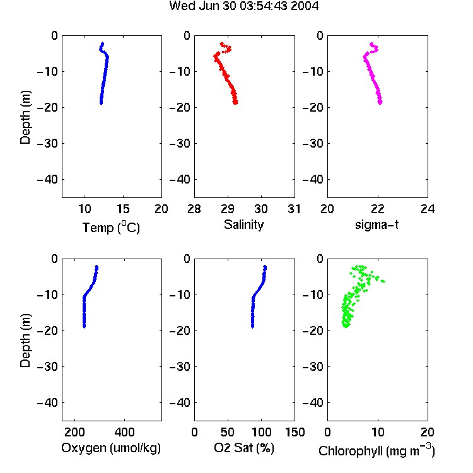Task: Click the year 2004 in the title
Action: click(305, 6)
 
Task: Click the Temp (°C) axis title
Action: click(111, 227)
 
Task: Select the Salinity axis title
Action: click(243, 225)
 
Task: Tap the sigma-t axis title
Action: click(377, 225)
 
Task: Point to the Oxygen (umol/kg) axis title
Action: click(111, 448)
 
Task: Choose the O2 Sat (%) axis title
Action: click(243, 448)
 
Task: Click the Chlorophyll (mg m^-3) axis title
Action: click(377, 450)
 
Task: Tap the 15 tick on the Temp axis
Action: click(123, 209)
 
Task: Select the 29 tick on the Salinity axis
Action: click(228, 209)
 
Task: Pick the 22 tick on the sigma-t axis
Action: click(378, 209)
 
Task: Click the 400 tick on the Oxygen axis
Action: click(124, 432)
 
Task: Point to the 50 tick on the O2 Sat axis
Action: click(228, 432)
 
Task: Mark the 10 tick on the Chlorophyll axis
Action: click(378, 432)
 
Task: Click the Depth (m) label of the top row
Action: click(25, 117)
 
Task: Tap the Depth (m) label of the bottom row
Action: click(25, 341)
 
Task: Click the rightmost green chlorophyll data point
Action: click(383, 281)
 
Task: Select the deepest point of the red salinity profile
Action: click(235, 103)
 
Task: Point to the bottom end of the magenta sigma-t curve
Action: click(380, 103)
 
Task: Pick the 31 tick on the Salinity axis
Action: click(294, 209)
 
